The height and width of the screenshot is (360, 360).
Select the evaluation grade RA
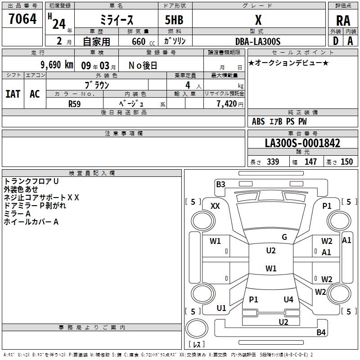point(343,21)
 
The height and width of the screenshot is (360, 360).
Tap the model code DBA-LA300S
point(258,41)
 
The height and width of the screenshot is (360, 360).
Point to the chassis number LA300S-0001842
point(302,144)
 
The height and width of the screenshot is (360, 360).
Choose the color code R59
point(74,103)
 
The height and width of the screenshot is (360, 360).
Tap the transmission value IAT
point(13,94)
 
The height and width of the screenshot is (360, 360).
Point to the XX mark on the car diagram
point(215,206)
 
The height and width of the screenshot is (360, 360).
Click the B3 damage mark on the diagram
point(220,184)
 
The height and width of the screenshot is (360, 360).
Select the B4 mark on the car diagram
point(321,333)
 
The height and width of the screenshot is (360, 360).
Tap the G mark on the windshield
point(284,237)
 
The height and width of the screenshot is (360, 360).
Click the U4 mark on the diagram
point(288,299)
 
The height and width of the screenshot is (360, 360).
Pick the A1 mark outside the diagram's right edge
point(346,240)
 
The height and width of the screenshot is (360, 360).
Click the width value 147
point(310,162)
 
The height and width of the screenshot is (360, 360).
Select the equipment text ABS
point(258,121)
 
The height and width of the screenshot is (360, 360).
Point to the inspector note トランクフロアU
point(31,181)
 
